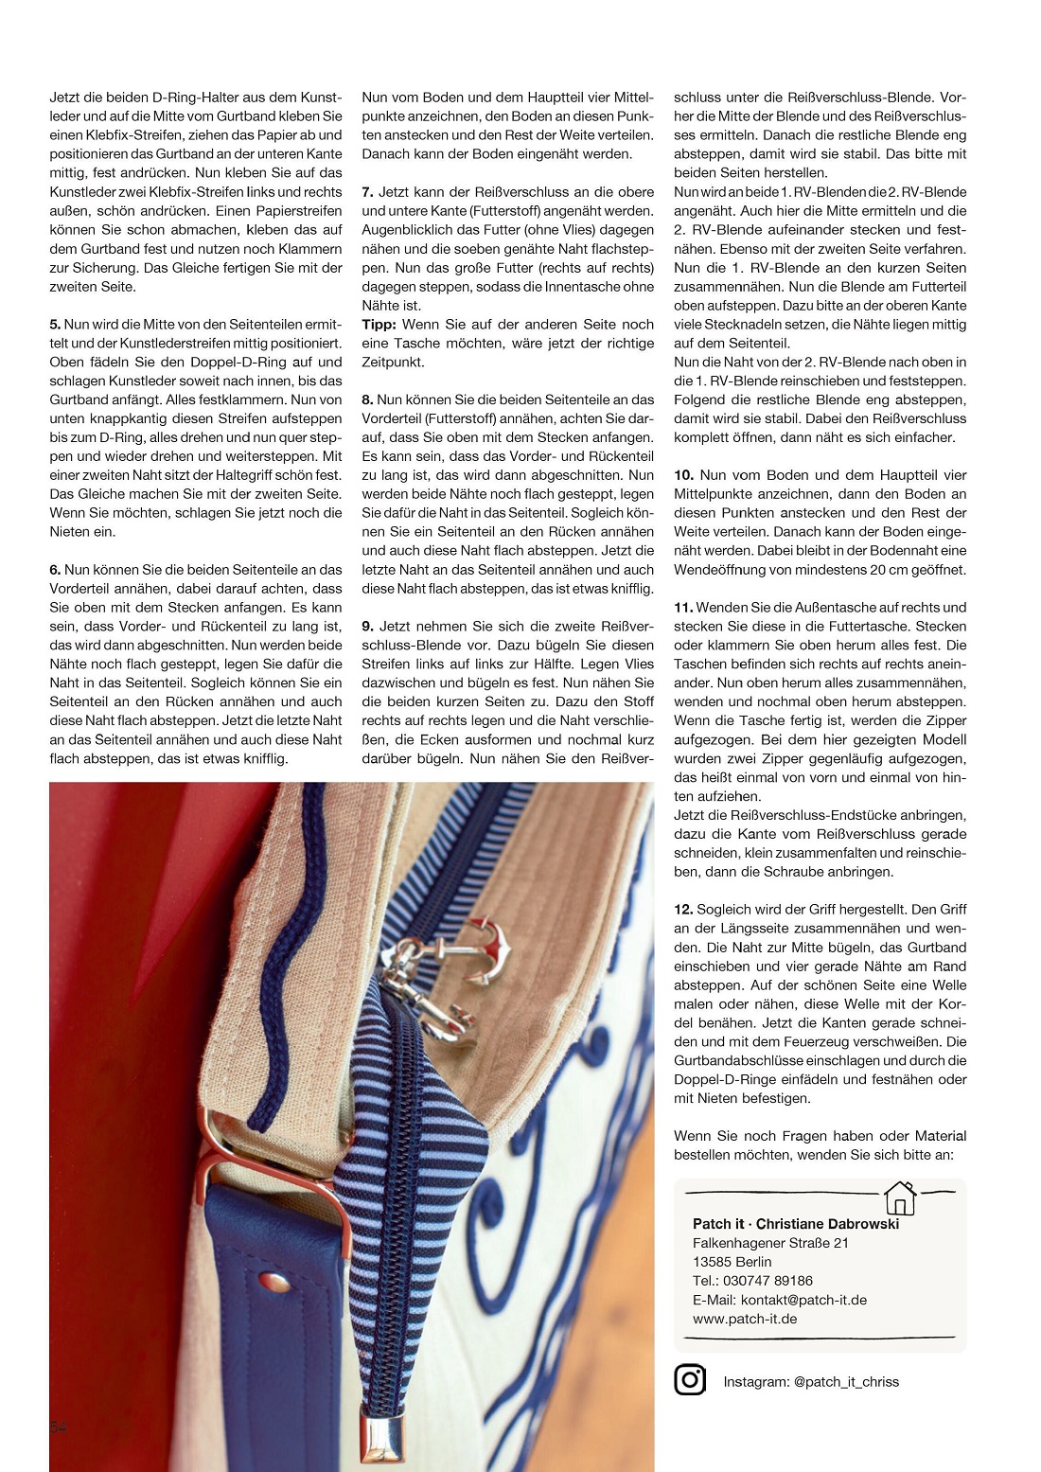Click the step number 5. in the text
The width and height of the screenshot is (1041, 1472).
55,325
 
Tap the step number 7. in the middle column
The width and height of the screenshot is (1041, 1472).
367,192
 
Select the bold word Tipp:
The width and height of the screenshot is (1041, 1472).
379,325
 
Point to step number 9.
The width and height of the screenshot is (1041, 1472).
367,627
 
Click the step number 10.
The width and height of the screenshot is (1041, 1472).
683,475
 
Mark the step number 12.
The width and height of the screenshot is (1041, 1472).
683,910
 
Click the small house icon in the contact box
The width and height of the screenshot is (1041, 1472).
899,1198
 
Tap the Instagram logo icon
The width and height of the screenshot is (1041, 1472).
690,1380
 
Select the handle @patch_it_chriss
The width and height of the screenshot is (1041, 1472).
846,1382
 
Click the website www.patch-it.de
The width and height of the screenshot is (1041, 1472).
745,1319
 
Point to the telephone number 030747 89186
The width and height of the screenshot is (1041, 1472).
768,1281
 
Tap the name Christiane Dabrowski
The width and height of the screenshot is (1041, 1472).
827,1224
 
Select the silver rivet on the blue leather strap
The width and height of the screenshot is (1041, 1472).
274,1283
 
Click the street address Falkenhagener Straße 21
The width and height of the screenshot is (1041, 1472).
770,1243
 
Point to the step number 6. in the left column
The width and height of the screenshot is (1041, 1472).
55,570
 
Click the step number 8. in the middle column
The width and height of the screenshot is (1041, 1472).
367,400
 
